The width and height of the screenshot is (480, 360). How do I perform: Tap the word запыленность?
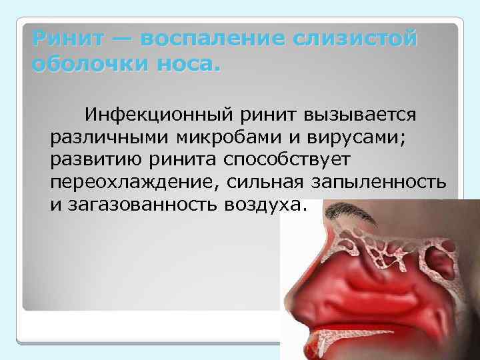click(391, 181)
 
